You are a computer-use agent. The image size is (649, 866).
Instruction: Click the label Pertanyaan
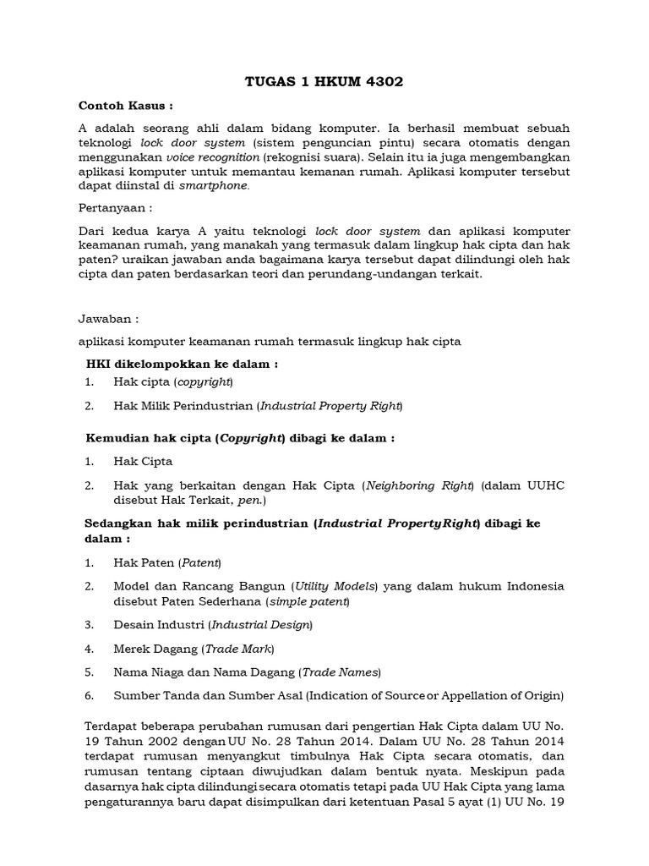click(x=115, y=207)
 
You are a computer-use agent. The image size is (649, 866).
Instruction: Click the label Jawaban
click(x=107, y=321)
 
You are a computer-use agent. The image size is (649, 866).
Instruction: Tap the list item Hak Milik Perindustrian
click(x=184, y=406)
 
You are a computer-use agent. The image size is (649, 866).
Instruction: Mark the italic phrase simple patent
click(x=308, y=601)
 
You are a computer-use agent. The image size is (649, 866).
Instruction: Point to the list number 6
click(x=89, y=696)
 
